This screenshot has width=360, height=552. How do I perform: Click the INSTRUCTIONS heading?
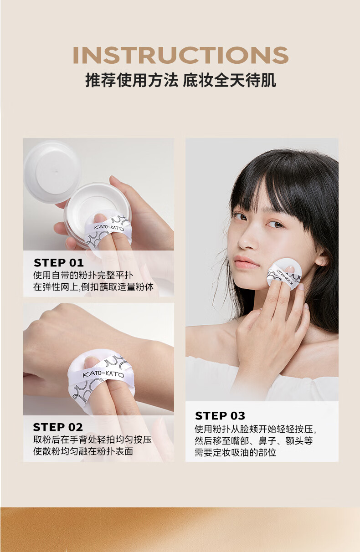click(x=180, y=55)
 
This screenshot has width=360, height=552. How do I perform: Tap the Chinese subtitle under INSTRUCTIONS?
click(x=180, y=80)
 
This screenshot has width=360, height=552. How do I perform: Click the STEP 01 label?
click(x=59, y=263)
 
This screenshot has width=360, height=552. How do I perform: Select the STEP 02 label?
click(x=58, y=427)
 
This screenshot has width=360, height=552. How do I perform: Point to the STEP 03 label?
click(x=220, y=416)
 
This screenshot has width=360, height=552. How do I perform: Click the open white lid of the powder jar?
click(x=52, y=171)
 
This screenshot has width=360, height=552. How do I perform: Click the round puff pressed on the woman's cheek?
click(x=284, y=274)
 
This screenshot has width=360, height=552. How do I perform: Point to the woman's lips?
click(x=247, y=262)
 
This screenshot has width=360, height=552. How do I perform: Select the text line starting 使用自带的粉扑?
click(x=83, y=275)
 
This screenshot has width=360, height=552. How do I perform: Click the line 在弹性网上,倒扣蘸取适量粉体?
click(x=93, y=287)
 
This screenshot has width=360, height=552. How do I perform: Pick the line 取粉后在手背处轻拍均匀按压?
click(x=93, y=440)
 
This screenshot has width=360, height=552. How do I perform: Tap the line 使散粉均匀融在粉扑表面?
click(x=83, y=451)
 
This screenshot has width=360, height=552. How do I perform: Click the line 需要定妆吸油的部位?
click(x=236, y=452)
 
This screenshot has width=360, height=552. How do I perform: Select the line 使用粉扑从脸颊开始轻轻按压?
click(x=256, y=429)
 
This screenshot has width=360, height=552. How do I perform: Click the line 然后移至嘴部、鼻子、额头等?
click(x=254, y=440)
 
